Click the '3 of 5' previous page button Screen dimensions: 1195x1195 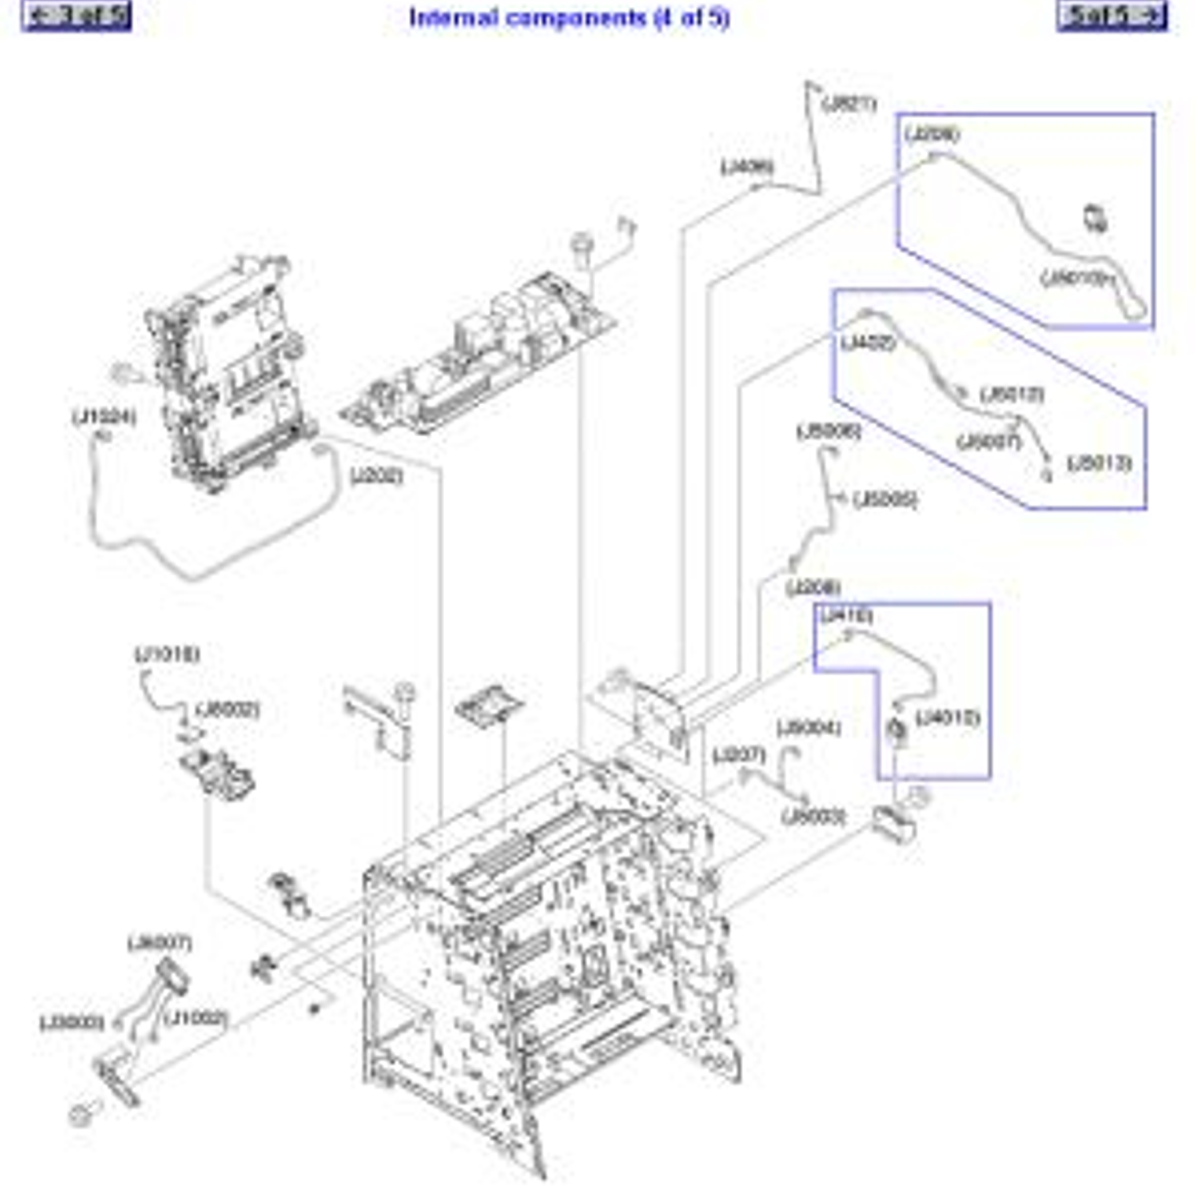tap(76, 16)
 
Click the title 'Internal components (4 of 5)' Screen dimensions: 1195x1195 tap(568, 17)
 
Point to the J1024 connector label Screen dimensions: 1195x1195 tap(104, 416)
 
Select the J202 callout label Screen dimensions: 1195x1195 tap(376, 475)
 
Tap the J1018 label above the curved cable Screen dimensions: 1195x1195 tap(167, 653)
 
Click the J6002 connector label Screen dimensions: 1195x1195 tap(227, 709)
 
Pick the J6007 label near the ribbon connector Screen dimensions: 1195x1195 tap(160, 942)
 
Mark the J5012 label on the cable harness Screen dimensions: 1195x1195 tap(1012, 394)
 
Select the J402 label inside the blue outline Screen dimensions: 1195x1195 tap(867, 343)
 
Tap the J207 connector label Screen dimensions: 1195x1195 tap(738, 755)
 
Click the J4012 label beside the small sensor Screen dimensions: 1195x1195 tap(948, 718)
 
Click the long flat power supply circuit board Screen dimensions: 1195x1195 tap(480, 354)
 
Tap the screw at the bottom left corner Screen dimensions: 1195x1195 tap(81, 1113)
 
